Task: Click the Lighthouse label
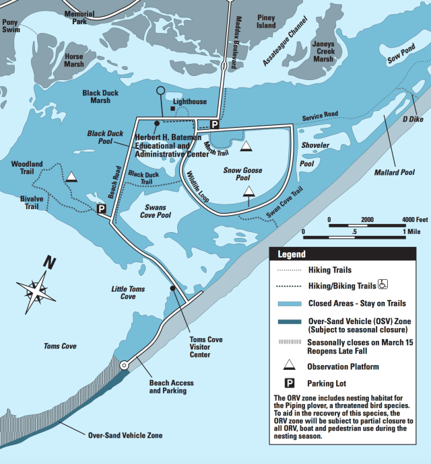click(190, 102)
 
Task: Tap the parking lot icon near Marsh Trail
click(215, 124)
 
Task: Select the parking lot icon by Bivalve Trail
click(101, 209)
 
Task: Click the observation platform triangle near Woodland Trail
click(71, 177)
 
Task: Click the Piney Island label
click(266, 22)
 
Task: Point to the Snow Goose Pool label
click(242, 175)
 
